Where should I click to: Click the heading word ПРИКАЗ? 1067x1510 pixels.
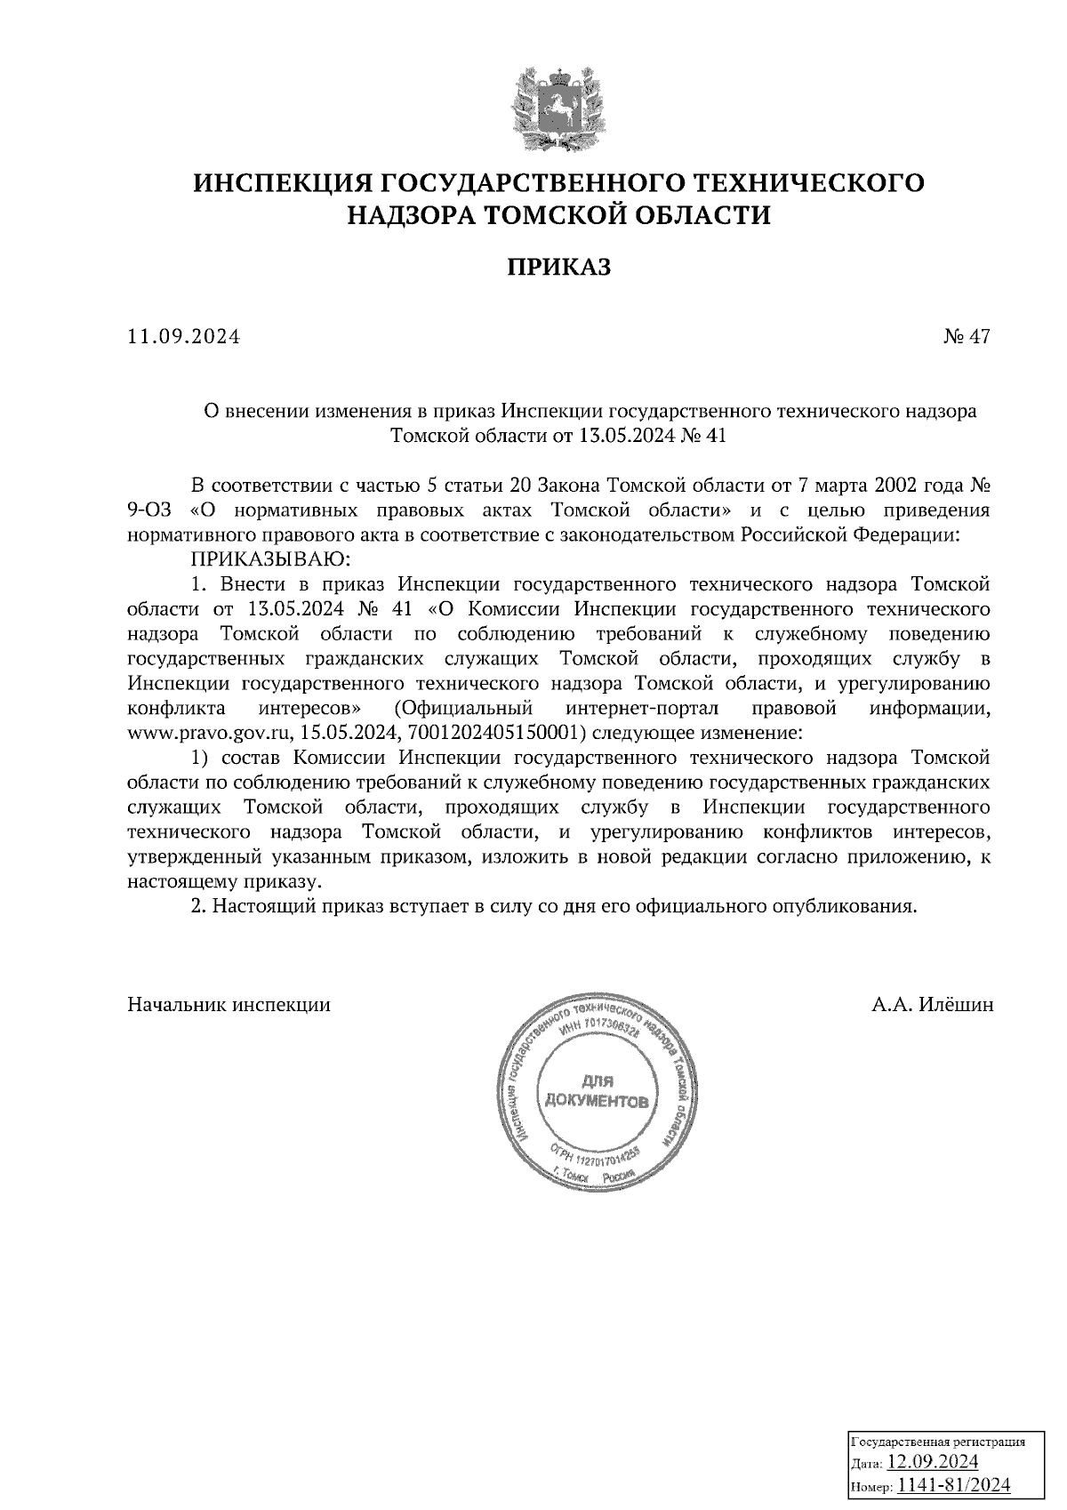[559, 267]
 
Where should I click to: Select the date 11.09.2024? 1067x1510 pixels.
[184, 337]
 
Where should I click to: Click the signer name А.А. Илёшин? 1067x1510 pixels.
[932, 1005]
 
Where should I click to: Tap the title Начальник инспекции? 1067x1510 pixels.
[229, 1005]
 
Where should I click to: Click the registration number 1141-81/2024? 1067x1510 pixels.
[952, 1485]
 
